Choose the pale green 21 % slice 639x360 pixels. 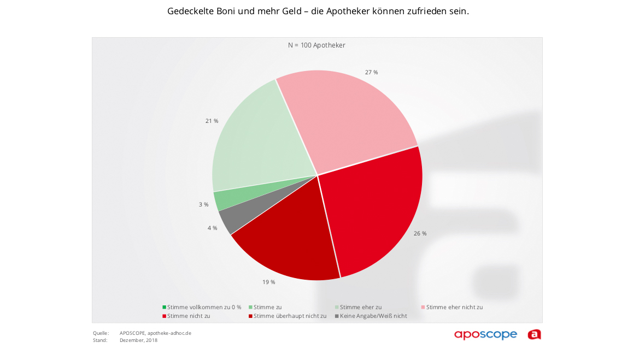(x=257, y=142)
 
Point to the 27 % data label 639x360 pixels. (x=371, y=72)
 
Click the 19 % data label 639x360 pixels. (x=268, y=282)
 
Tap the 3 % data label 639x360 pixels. (x=203, y=204)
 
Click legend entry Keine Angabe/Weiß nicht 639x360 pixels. (x=373, y=316)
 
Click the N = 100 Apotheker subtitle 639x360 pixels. (x=316, y=45)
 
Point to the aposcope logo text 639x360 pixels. (x=485, y=334)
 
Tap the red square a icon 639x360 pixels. (x=534, y=334)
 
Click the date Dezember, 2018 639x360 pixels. (x=138, y=340)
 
